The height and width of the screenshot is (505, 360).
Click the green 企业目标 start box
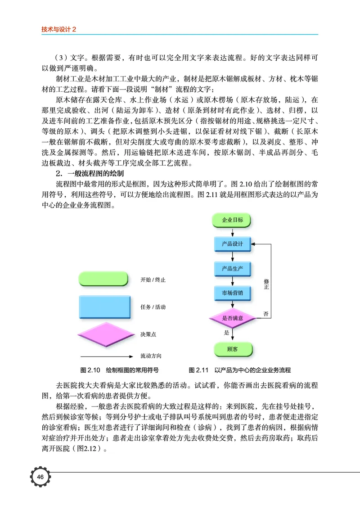pyautogui.click(x=232, y=220)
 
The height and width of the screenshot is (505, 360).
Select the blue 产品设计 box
pyautogui.click(x=232, y=244)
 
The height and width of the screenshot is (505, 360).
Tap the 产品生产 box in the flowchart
pyautogui.click(x=232, y=269)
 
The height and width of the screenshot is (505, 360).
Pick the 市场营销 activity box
pyautogui.click(x=232, y=293)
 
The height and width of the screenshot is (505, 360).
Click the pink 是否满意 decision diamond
pyautogui.click(x=233, y=318)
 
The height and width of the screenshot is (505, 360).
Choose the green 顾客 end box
pyautogui.click(x=232, y=349)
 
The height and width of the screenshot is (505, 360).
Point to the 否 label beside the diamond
pyautogui.click(x=266, y=314)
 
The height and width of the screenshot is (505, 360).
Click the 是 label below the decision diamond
pyautogui.click(x=227, y=333)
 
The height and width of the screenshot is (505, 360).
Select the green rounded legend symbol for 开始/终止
pyautogui.click(x=103, y=279)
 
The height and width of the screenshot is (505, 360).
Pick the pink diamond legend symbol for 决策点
pyautogui.click(x=103, y=335)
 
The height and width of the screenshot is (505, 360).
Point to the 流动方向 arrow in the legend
pyautogui.click(x=103, y=356)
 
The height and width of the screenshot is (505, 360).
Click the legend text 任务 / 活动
pyautogui.click(x=153, y=307)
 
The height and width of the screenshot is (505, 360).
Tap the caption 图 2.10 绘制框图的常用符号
pyautogui.click(x=119, y=370)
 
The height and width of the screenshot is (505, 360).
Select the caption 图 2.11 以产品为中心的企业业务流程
pyautogui.click(x=240, y=370)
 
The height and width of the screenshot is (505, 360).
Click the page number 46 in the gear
pyautogui.click(x=40, y=477)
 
